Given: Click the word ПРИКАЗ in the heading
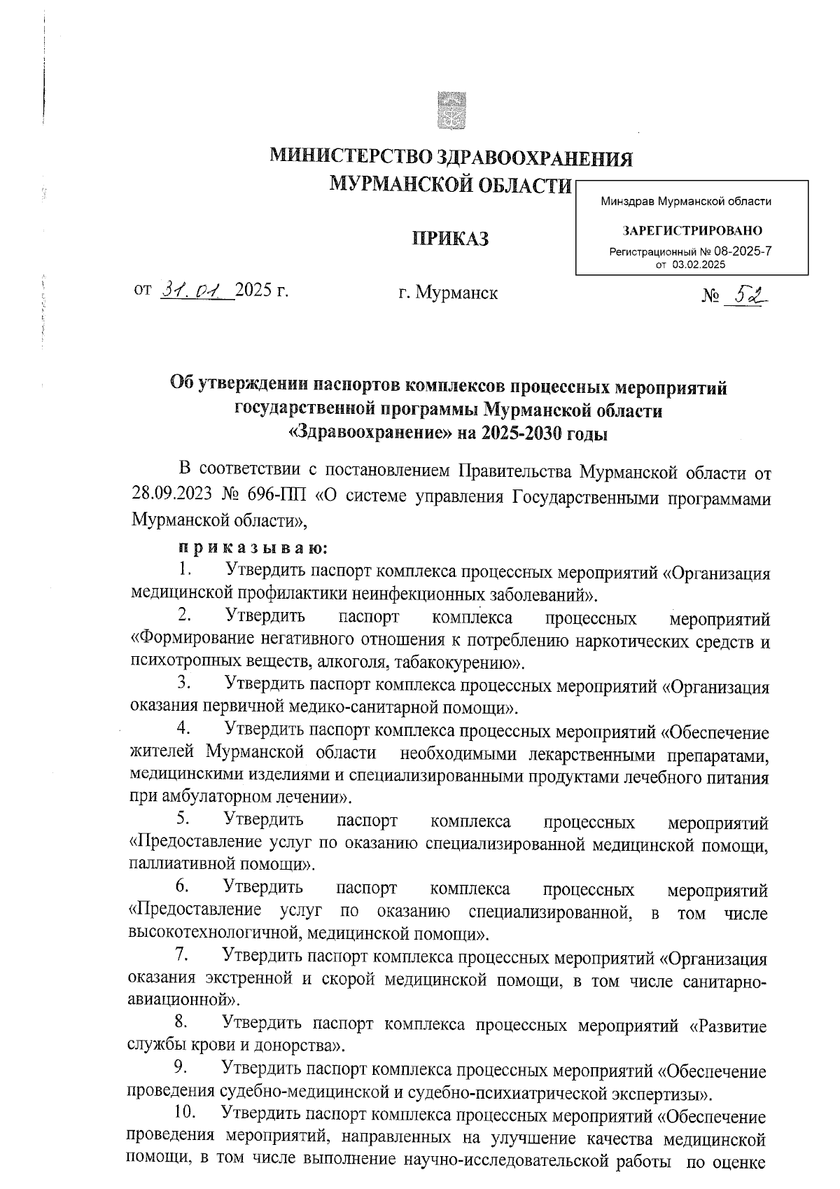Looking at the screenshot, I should pyautogui.click(x=449, y=239).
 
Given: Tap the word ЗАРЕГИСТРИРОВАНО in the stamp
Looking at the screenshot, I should pyautogui.click(x=692, y=230).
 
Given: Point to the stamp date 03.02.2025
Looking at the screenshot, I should pyautogui.click(x=699, y=265).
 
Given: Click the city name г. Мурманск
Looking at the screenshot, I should pyautogui.click(x=448, y=293).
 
